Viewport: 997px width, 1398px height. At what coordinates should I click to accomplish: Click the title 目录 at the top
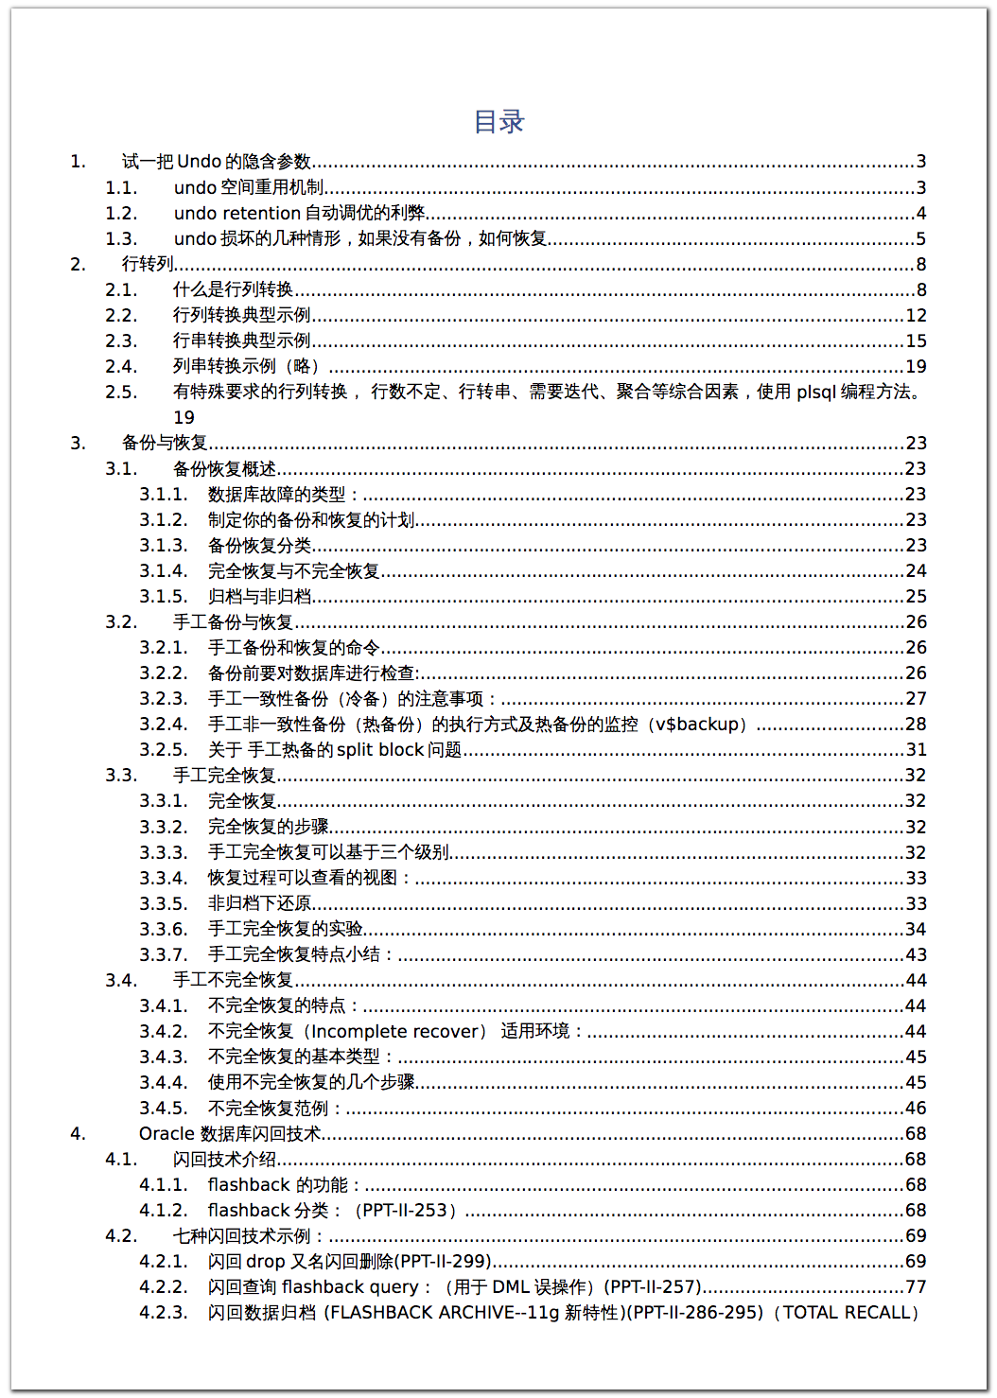(498, 122)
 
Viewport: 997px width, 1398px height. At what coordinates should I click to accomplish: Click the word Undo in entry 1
(199, 162)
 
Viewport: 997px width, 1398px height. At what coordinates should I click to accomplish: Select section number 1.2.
(121, 214)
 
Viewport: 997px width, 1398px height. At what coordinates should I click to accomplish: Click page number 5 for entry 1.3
(920, 239)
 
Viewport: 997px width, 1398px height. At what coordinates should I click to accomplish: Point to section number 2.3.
(121, 341)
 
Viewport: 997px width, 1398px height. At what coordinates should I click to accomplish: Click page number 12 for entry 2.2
(916, 316)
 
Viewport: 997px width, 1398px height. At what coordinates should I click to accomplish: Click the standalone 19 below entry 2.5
(184, 418)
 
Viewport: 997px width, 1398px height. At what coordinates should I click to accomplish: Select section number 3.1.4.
(164, 571)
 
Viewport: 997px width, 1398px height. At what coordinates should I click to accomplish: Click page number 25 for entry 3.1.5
(916, 597)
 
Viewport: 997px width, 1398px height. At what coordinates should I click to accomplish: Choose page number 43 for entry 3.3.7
(916, 955)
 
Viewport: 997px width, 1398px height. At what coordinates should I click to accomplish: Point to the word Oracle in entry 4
(166, 1134)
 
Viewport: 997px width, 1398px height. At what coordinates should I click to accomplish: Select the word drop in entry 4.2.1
(265, 1262)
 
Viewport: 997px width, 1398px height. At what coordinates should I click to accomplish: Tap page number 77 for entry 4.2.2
(916, 1287)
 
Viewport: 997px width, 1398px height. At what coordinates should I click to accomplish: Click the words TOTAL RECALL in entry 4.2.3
(847, 1313)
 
